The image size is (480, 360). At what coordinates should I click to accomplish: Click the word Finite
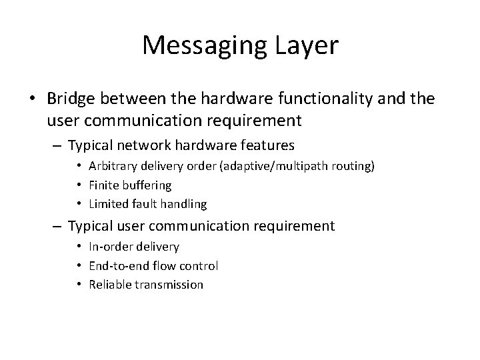pyautogui.click(x=102, y=185)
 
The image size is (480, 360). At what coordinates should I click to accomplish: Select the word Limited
pyautogui.click(x=107, y=203)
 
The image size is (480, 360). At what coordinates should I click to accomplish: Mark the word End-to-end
pyautogui.click(x=118, y=265)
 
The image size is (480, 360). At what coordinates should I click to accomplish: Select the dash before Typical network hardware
pyautogui.click(x=59, y=145)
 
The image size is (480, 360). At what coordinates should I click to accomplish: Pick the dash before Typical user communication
pyautogui.click(x=59, y=226)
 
